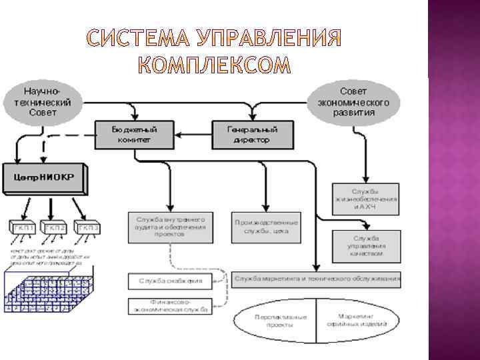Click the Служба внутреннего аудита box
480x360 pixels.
click(x=171, y=227)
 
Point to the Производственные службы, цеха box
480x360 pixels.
click(x=266, y=227)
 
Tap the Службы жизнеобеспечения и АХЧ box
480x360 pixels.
click(x=366, y=199)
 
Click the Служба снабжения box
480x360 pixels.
click(x=171, y=281)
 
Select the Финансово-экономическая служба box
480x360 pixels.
click(x=171, y=306)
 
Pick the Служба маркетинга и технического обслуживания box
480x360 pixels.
click(x=317, y=278)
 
